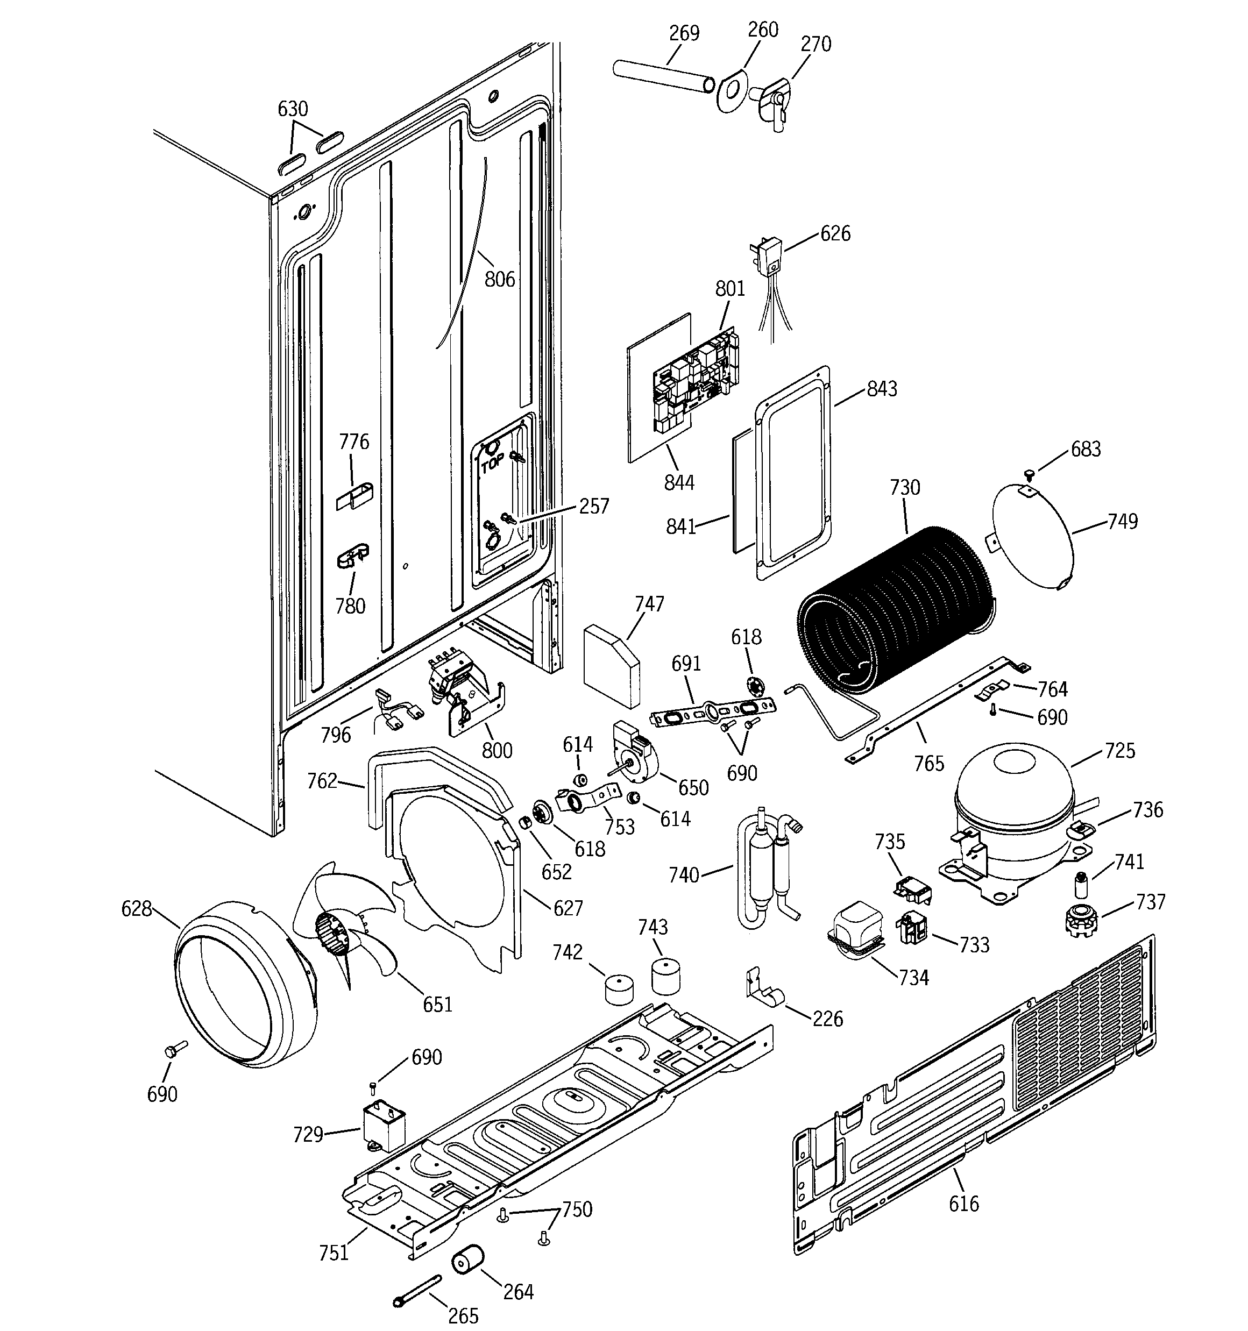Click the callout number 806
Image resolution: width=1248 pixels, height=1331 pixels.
(x=500, y=279)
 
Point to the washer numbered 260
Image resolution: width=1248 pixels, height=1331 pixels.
(x=731, y=91)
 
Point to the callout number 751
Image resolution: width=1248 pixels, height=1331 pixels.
(x=334, y=1252)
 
